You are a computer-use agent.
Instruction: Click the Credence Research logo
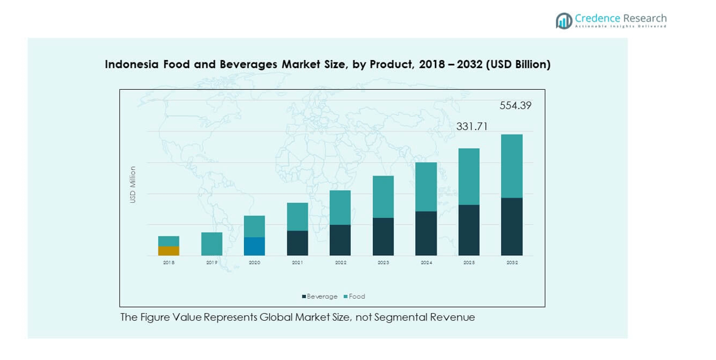coord(610,21)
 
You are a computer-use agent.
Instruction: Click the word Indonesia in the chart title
coord(130,64)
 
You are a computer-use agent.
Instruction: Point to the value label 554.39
coord(515,106)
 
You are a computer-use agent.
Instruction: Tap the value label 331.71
coord(472,127)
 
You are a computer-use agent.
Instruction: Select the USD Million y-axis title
coord(133,184)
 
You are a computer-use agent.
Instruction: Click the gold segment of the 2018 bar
coord(169,251)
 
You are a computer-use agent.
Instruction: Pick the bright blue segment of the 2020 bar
coord(254,246)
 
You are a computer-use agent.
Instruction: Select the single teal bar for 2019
coord(212,244)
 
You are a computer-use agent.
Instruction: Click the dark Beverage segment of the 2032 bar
coord(512,227)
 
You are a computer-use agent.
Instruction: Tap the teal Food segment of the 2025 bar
coord(469,177)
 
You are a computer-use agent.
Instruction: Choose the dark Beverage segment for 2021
coord(297,243)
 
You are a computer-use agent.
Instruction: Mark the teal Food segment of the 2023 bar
coord(383,197)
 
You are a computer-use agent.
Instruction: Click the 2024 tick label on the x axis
coord(426,263)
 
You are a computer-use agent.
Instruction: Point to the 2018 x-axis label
coord(169,263)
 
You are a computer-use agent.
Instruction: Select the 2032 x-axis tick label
coord(512,263)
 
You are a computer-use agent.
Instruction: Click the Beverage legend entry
coord(320,297)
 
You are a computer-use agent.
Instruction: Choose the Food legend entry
coord(355,297)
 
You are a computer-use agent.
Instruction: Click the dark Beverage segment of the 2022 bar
coord(340,240)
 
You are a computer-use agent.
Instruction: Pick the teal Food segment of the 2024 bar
coord(426,187)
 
